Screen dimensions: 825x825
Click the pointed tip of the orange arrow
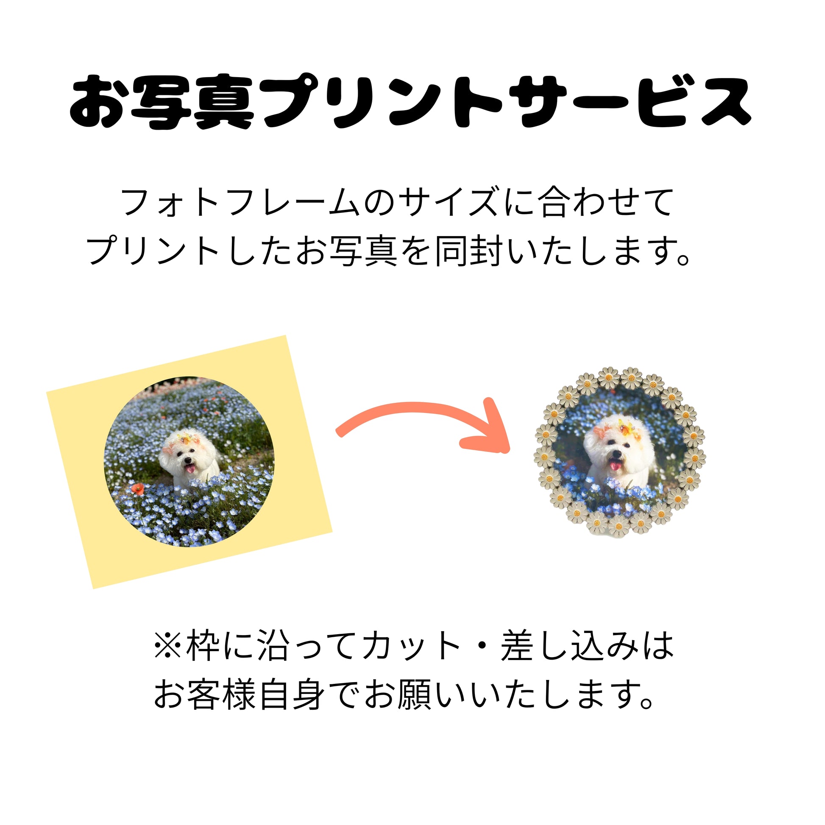point(508,450)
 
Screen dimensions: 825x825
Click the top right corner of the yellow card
point(285,336)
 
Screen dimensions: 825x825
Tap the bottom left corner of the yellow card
point(94,589)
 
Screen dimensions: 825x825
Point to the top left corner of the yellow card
point(47,391)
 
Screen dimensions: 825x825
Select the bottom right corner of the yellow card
point(332,532)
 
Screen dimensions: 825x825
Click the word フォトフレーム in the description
point(239,202)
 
